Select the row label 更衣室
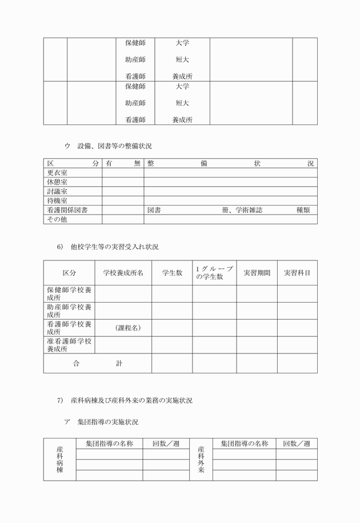point(57,173)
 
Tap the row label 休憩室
point(57,182)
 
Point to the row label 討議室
point(57,192)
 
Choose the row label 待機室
point(57,201)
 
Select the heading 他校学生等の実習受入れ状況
point(114,247)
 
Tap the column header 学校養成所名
point(123,273)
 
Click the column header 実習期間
point(257,273)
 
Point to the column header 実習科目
point(297,273)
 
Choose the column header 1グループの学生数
point(214,273)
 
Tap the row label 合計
point(97,363)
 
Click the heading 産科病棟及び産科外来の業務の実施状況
point(131,401)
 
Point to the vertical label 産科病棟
point(59,460)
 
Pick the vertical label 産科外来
point(201,460)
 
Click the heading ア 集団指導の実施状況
point(101,423)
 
